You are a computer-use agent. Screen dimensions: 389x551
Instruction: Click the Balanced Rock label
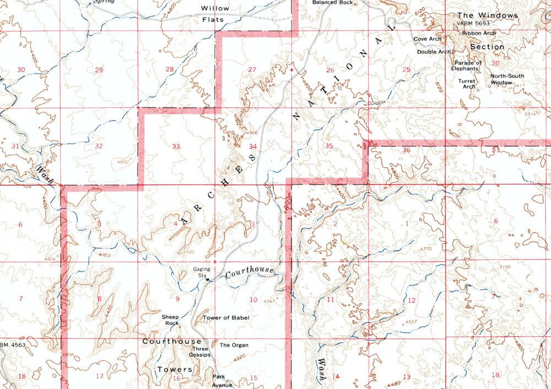click(332, 3)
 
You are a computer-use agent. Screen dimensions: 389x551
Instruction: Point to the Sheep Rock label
click(170, 320)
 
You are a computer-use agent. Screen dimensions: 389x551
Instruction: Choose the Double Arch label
click(434, 52)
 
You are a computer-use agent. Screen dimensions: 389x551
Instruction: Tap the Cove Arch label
click(428, 39)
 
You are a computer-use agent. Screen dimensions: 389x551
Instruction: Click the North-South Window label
click(507, 79)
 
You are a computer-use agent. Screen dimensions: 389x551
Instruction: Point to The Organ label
click(234, 345)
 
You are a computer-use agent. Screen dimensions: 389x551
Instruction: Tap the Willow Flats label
click(215, 14)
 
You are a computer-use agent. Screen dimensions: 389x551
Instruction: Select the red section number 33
click(176, 147)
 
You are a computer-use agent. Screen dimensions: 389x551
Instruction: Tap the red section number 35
click(328, 146)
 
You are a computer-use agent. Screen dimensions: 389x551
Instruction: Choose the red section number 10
click(253, 300)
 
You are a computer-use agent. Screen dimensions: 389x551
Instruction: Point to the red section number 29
click(99, 70)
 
